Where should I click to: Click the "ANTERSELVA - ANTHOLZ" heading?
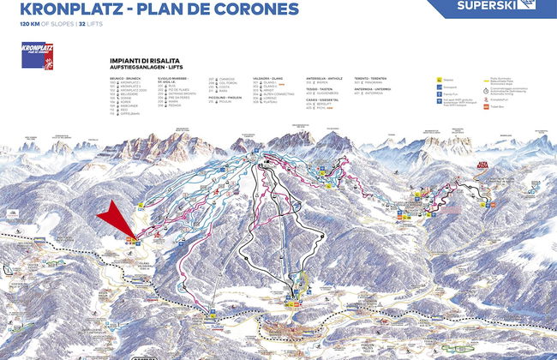(325, 77)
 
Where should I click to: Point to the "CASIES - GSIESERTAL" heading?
(325, 99)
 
